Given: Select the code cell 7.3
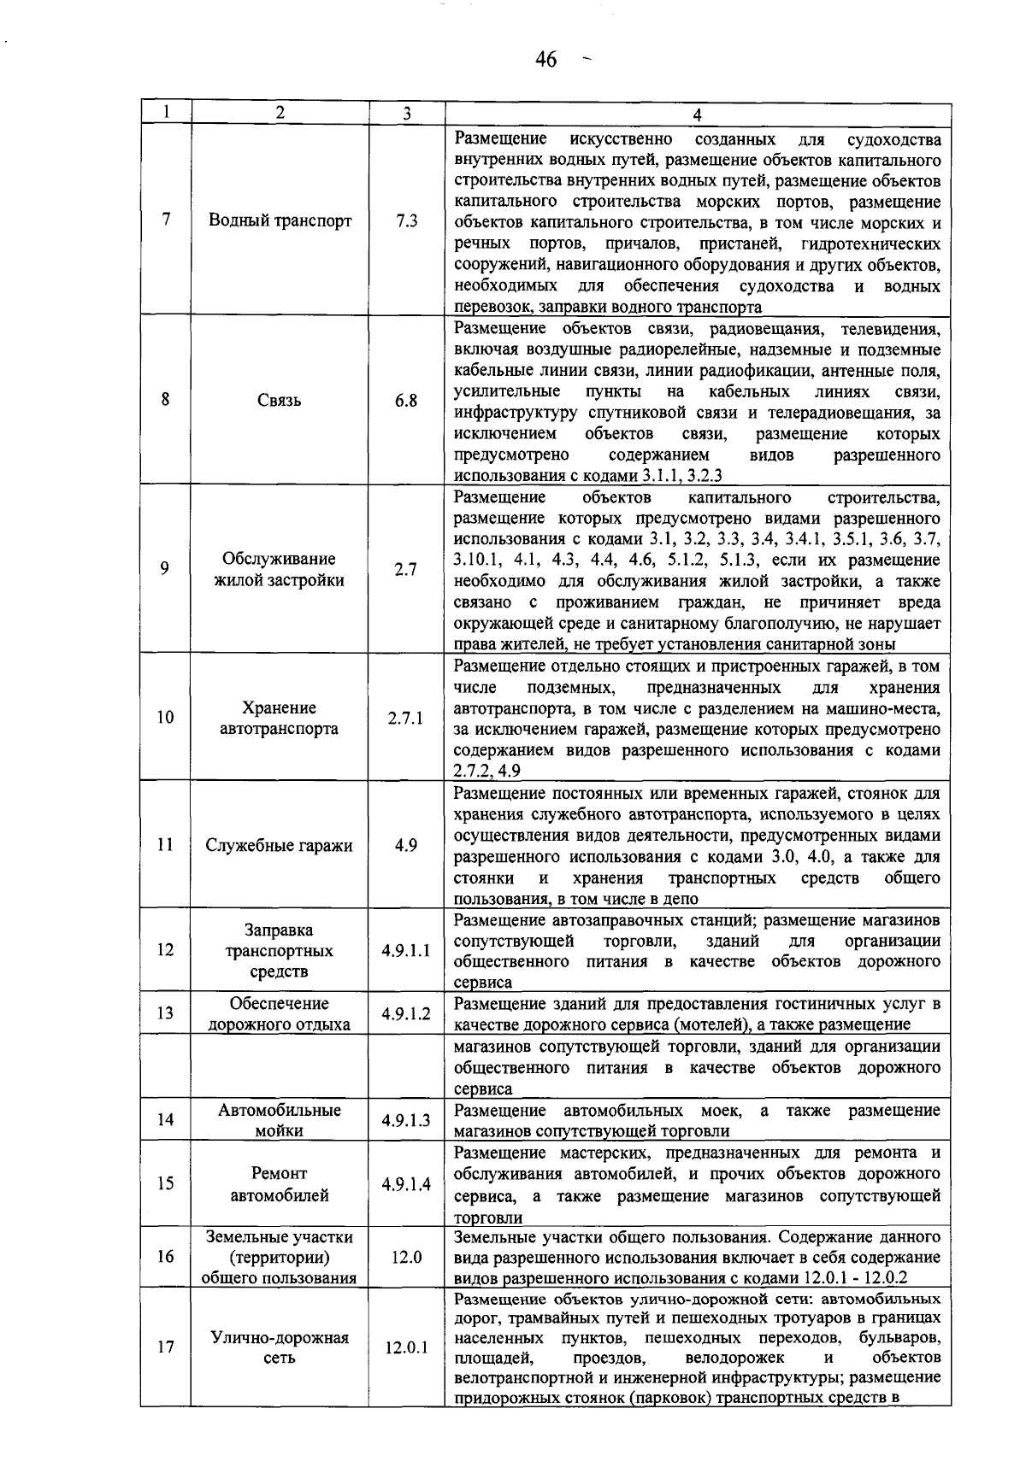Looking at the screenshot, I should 407,220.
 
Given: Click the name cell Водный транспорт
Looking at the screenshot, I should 280,220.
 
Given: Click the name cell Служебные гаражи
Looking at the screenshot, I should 280,846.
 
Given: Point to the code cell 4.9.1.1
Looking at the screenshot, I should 406,950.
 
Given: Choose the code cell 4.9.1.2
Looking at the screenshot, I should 406,1014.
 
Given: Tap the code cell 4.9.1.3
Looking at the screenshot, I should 406,1120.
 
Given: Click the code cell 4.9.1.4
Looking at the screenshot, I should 406,1184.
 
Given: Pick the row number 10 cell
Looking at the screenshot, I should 165,718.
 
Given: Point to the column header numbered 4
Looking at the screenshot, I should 698,114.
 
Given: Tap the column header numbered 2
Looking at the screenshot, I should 280,113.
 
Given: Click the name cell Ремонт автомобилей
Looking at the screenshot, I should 280,1184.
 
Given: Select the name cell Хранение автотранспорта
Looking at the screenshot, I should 280,718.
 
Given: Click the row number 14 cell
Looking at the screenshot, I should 165,1119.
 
